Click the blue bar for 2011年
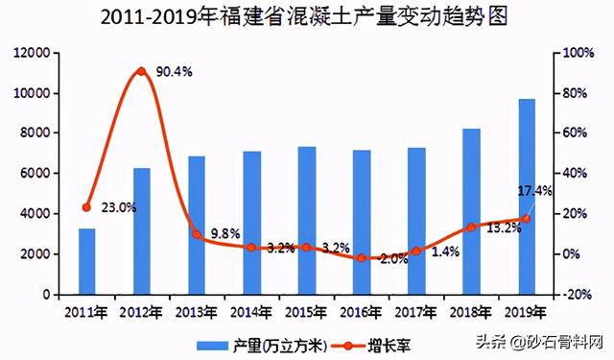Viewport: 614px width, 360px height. (86, 261)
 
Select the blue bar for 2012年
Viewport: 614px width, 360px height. (141, 231)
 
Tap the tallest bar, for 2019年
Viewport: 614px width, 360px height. (527, 197)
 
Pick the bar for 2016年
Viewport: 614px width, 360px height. (361, 222)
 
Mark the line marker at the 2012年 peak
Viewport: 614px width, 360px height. (141, 71)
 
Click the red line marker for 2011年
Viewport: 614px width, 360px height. (86, 207)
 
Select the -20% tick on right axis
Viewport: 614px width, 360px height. (577, 295)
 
